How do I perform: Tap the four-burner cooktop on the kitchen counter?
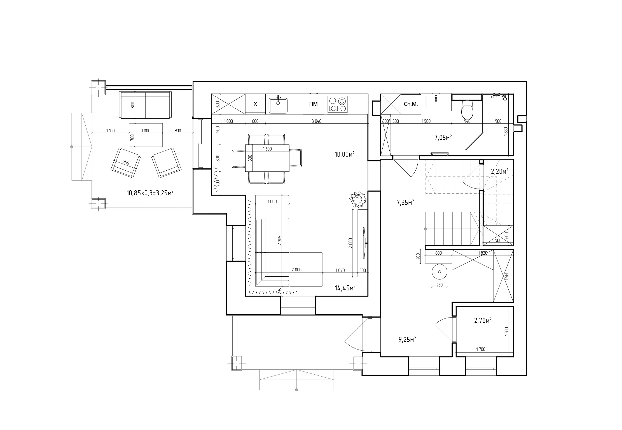coord(338,104)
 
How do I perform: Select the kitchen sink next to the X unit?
coord(278,105)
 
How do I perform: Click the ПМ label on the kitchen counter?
coord(313,104)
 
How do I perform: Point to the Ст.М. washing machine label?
coord(411,104)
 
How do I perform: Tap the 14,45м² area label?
coord(345,288)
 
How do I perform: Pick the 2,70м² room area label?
coord(483,321)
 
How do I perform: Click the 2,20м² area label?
coord(500,171)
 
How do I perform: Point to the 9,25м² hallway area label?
coord(407,340)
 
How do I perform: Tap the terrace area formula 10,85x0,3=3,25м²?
coord(150,193)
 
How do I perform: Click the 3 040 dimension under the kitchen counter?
coord(316,121)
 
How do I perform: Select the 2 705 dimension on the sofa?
coord(279,240)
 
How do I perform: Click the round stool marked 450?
coord(439,272)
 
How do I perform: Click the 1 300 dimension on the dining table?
coord(267,149)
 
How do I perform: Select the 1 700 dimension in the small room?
coord(481,349)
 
